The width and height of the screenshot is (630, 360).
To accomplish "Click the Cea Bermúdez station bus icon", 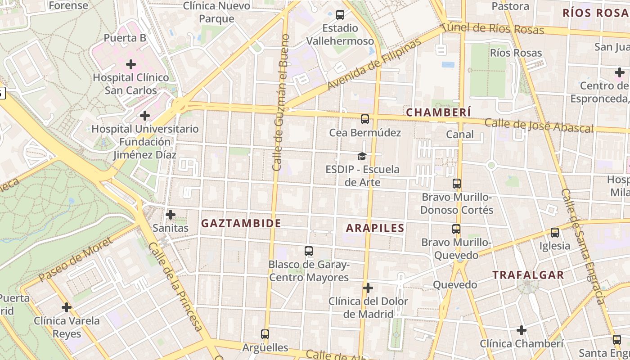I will pyautogui.click(x=364, y=119).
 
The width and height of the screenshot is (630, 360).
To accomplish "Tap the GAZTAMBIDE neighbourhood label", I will pyautogui.click(x=241, y=223).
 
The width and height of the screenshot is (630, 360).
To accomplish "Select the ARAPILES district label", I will pyautogui.click(x=375, y=228).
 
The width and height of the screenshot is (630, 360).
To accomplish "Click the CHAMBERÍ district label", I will pyautogui.click(x=438, y=112).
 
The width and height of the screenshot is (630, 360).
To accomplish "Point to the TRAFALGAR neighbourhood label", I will pyautogui.click(x=528, y=275).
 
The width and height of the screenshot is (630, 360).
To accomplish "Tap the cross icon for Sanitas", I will pyautogui.click(x=170, y=215).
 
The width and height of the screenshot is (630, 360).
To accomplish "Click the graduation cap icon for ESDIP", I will pyautogui.click(x=362, y=156).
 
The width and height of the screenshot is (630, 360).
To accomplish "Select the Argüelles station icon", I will pyautogui.click(x=265, y=334).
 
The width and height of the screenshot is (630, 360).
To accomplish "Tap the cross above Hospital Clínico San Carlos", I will pyautogui.click(x=131, y=64).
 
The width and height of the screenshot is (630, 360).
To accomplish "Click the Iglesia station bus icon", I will pyautogui.click(x=554, y=233).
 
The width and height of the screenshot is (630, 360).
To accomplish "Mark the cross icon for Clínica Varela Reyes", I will pyautogui.click(x=67, y=308).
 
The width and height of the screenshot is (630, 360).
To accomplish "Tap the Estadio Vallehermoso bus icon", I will pyautogui.click(x=340, y=15).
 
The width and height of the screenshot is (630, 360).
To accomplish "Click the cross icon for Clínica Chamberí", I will pyautogui.click(x=521, y=331).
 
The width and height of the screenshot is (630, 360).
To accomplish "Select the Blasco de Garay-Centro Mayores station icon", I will pyautogui.click(x=308, y=251).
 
